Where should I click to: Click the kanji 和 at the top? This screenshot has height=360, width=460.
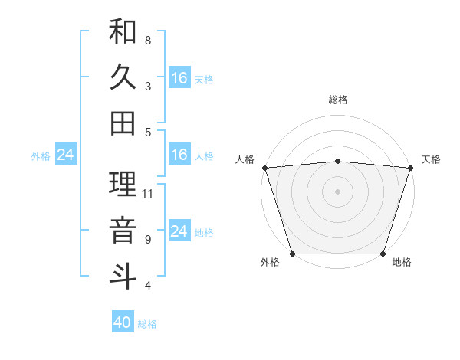(123, 32)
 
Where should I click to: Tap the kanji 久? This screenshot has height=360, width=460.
(123, 78)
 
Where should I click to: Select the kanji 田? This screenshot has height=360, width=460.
(123, 123)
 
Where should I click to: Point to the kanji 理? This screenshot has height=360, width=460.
(123, 185)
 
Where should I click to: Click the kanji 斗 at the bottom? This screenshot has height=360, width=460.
(123, 276)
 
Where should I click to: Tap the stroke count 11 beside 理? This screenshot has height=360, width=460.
(149, 194)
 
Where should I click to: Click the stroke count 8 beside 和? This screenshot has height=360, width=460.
(148, 40)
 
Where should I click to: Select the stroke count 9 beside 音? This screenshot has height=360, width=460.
(148, 240)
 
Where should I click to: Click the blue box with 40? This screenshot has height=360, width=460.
(123, 322)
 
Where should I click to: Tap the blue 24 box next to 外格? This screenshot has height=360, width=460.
(66, 155)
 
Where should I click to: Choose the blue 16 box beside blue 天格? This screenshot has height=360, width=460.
(179, 78)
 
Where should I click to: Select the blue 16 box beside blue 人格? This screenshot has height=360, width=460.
(179, 155)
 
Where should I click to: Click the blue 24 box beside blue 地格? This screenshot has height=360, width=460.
(179, 231)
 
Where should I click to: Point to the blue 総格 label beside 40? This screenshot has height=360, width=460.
(147, 324)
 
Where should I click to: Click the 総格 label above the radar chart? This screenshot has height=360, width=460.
(337, 100)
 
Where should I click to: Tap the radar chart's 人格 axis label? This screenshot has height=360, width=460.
(245, 159)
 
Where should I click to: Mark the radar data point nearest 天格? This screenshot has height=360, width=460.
(411, 168)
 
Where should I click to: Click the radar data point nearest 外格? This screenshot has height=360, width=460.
(292, 254)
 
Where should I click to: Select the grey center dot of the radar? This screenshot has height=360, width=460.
(337, 191)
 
